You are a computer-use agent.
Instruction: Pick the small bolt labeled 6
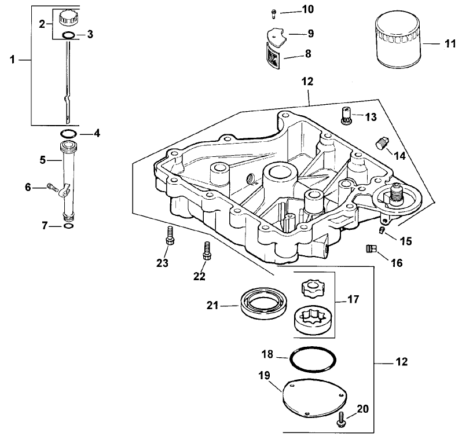tap(51, 186)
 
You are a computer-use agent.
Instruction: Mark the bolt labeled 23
tap(170, 236)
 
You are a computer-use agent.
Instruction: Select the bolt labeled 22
tap(204, 250)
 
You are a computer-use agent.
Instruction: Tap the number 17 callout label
tap(353, 299)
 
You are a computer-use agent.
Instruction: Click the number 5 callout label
tap(42, 160)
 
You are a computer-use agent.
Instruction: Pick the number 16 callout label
tap(396, 263)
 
